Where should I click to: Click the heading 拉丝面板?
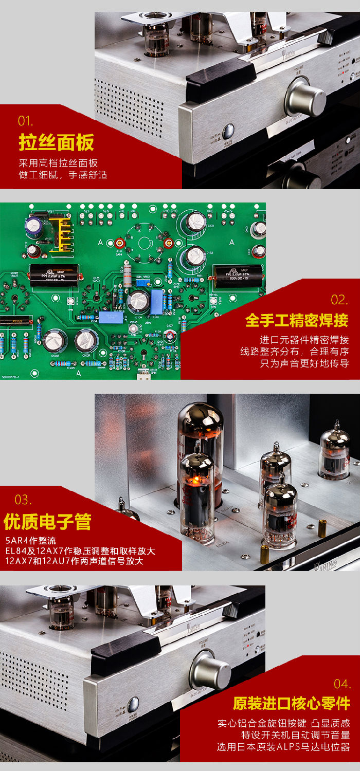pyautogui.click(x=57, y=142)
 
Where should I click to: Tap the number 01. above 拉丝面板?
pyautogui.click(x=25, y=121)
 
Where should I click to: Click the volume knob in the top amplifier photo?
pyautogui.click(x=305, y=96)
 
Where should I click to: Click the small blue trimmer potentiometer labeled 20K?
pyautogui.click(x=146, y=283)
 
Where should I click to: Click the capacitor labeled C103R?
pyautogui.click(x=85, y=340)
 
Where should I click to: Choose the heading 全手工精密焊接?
pyautogui.click(x=297, y=320)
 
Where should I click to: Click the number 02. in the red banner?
pyautogui.click(x=339, y=300)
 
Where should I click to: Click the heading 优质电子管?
pyautogui.click(x=47, y=521)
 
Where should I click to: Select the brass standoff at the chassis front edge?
pyautogui.click(x=265, y=554)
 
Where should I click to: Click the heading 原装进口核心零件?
pyautogui.click(x=291, y=703)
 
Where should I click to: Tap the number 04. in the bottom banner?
pyautogui.click(x=342, y=684)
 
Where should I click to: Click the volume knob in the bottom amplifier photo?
pyautogui.click(x=210, y=672)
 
